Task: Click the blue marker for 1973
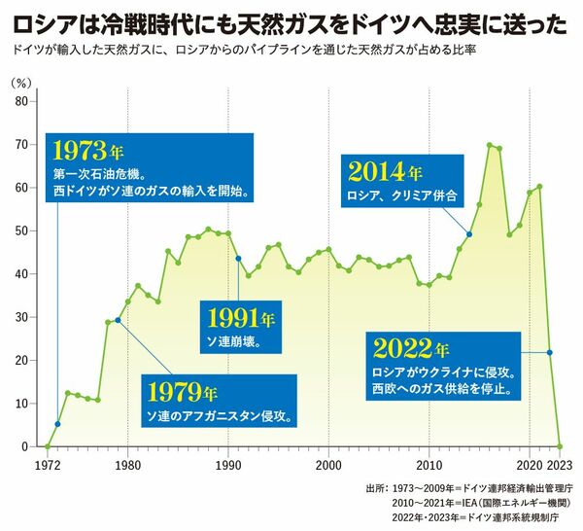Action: coord(57,424)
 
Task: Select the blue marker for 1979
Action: coord(118,320)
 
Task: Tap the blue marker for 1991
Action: coord(238,258)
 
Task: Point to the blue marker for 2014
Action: coord(470,234)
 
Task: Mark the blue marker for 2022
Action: coord(550,352)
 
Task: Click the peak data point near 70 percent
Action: coord(490,145)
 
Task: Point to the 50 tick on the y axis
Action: coord(19,230)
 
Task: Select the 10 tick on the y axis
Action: coord(19,404)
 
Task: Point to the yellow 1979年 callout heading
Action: coord(181,394)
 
